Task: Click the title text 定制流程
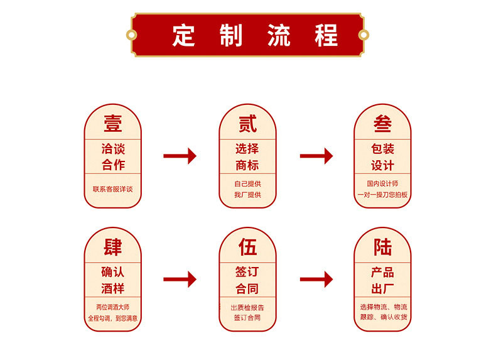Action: pos(247,35)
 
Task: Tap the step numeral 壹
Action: pos(113,123)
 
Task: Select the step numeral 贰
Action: pos(247,123)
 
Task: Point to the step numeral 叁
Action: pos(382,123)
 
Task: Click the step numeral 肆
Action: pos(113,246)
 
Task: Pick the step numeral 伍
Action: pos(247,246)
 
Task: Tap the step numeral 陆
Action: pos(382,246)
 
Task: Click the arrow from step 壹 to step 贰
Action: pos(180,156)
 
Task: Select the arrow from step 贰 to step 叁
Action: pos(316,156)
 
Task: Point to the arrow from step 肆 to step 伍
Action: pos(180,279)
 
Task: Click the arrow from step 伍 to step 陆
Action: pos(316,279)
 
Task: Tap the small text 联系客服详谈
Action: pos(113,189)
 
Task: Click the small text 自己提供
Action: pos(247,183)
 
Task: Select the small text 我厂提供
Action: pos(247,195)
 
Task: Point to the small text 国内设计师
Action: pos(382,183)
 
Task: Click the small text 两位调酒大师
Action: pos(113,307)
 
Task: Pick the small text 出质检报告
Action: pos(247,307)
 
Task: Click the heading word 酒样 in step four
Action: pos(113,289)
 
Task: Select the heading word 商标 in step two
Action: pos(247,166)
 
